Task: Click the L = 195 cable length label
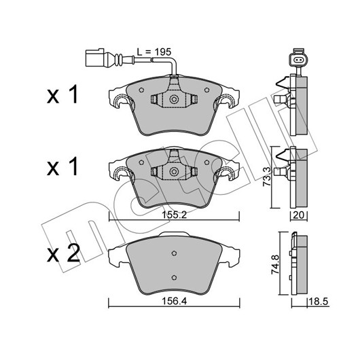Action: tap(154, 52)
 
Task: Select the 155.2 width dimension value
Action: tap(175, 215)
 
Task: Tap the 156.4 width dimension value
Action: tap(175, 301)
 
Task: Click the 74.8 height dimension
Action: tap(276, 265)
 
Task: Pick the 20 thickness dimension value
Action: tap(299, 215)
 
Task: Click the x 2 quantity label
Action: tap(63, 253)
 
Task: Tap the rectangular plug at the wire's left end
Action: tap(95, 58)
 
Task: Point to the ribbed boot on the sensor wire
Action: tap(118, 60)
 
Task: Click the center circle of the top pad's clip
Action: tap(174, 99)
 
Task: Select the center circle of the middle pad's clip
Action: tap(174, 171)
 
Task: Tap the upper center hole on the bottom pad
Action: tap(174, 253)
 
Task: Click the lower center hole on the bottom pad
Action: tap(174, 278)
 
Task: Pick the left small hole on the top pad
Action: tap(141, 90)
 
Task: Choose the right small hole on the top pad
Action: tap(206, 90)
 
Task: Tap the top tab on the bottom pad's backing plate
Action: tap(174, 234)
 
